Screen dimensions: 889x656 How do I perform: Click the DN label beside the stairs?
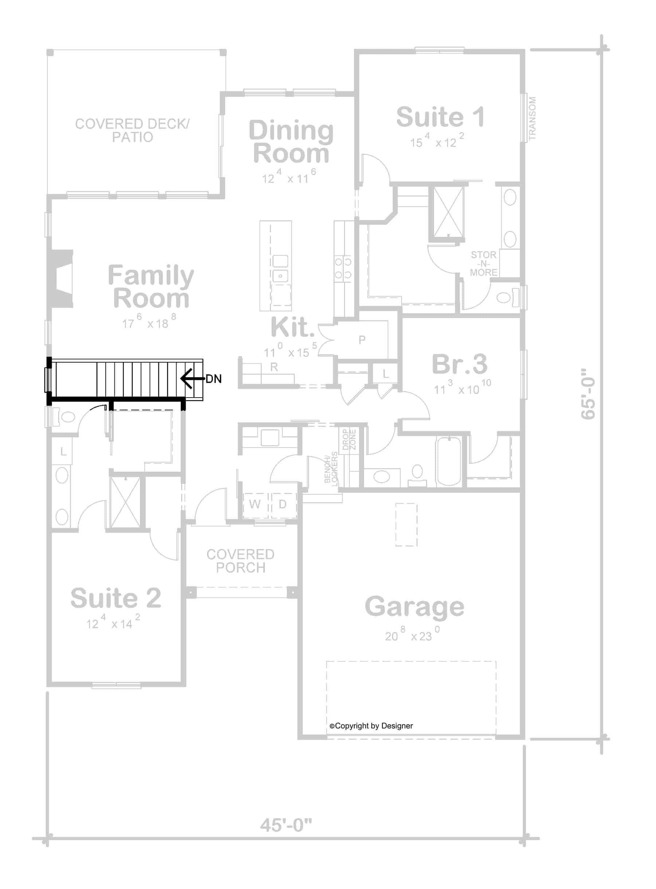pyautogui.click(x=214, y=379)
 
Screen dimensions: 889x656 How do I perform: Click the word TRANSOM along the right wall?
pyautogui.click(x=532, y=119)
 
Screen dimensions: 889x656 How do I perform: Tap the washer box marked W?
pyautogui.click(x=254, y=504)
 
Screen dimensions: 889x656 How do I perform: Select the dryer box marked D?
pyautogui.click(x=283, y=504)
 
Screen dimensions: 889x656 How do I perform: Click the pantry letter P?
pyautogui.click(x=362, y=340)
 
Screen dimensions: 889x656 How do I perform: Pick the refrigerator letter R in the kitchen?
pyautogui.click(x=274, y=367)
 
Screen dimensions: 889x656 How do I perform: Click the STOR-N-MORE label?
pyautogui.click(x=483, y=263)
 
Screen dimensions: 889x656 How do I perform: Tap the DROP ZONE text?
pyautogui.click(x=349, y=439)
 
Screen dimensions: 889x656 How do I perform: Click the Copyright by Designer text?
pyautogui.click(x=371, y=726)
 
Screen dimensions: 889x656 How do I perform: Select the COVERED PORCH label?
pyautogui.click(x=240, y=561)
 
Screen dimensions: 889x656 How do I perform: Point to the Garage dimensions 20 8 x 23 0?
pyautogui.click(x=412, y=635)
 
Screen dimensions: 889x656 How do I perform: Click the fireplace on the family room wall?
pyautogui.click(x=60, y=279)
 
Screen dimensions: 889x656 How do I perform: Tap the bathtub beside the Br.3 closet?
pyautogui.click(x=449, y=461)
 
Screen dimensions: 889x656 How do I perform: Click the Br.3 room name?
pyautogui.click(x=460, y=364)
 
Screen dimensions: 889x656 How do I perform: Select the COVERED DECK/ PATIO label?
pyautogui.click(x=132, y=130)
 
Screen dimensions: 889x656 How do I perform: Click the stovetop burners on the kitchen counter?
pyautogui.click(x=343, y=268)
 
